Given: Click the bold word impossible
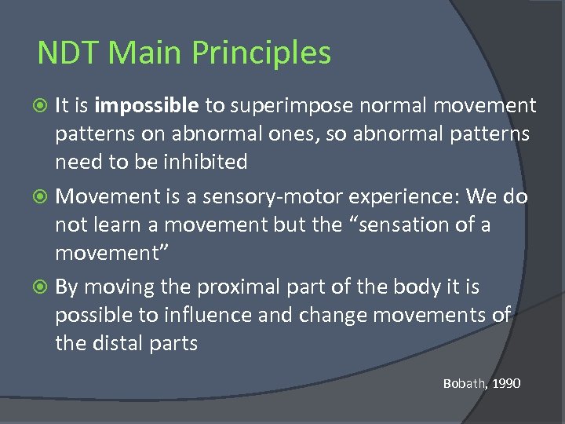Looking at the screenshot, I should click(x=148, y=106).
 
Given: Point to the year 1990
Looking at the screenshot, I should click(x=508, y=383).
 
